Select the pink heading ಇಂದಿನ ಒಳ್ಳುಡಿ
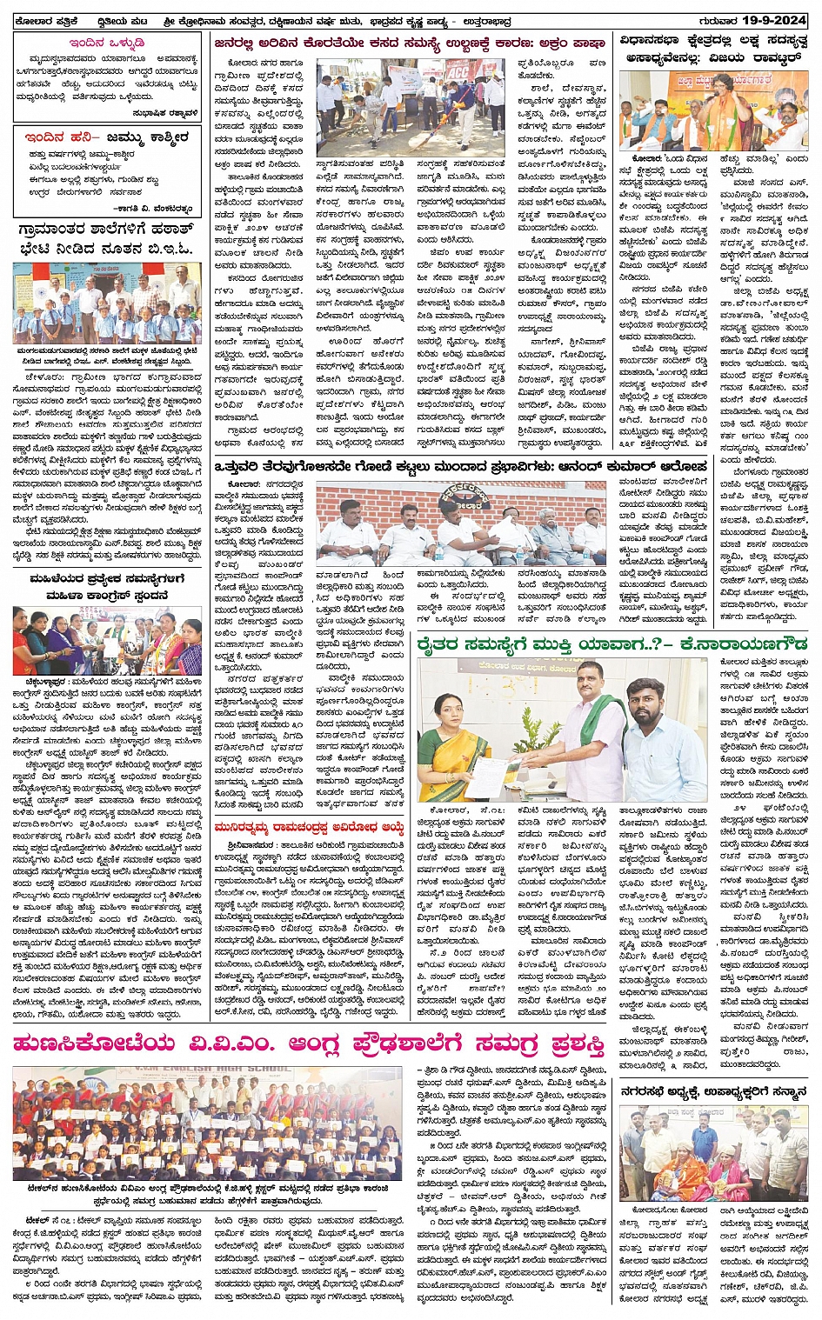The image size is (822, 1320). [x=108, y=42]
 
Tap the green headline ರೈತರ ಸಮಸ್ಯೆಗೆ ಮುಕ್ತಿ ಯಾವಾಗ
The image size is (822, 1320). [x=608, y=644]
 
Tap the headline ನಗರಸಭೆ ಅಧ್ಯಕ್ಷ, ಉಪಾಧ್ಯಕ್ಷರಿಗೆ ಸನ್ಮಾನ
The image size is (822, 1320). [x=713, y=1091]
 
